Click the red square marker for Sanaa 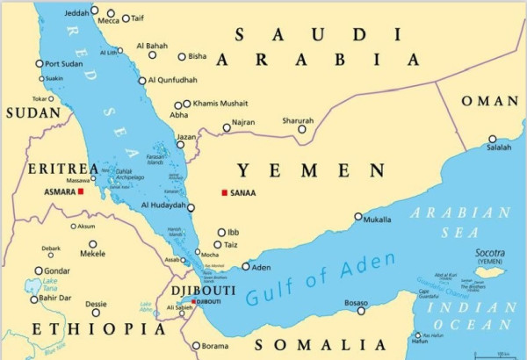pyautogui.click(x=225, y=192)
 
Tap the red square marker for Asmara pyautogui.click(x=81, y=191)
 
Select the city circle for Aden pyautogui.click(x=246, y=267)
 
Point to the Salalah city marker pyautogui.click(x=493, y=139)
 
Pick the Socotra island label pyautogui.click(x=490, y=253)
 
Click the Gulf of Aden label pyautogui.click(x=321, y=283)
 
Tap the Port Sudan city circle pyautogui.click(x=40, y=63)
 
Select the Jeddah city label pyautogui.click(x=76, y=11)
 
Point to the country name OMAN pyautogui.click(x=490, y=102)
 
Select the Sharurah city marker pyautogui.click(x=303, y=129)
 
